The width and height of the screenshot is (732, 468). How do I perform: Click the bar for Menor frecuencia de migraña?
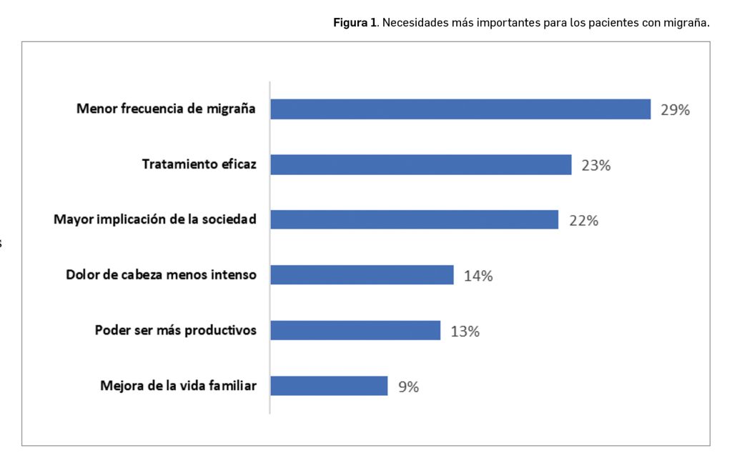pyautogui.click(x=460, y=109)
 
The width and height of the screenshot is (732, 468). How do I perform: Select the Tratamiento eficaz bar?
pyautogui.click(x=421, y=165)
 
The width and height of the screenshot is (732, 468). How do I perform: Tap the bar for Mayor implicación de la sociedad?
pyautogui.click(x=414, y=219)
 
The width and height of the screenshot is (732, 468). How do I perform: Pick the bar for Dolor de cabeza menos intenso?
pyautogui.click(x=362, y=275)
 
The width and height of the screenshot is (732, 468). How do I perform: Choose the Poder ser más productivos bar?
pyautogui.click(x=355, y=330)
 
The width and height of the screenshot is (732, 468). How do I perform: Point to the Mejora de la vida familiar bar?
pyautogui.click(x=329, y=386)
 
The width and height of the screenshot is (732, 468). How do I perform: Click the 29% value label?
pyautogui.click(x=675, y=110)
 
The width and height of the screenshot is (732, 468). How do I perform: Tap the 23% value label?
pyautogui.click(x=595, y=166)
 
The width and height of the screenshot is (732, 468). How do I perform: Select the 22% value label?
pyautogui.click(x=583, y=221)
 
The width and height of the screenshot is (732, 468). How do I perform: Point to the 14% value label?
pyautogui.click(x=478, y=276)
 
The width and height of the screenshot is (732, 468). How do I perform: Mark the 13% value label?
pyautogui.click(x=465, y=332)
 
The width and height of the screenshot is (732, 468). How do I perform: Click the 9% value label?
pyautogui.click(x=408, y=387)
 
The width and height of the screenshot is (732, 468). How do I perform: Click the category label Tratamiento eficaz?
pyautogui.click(x=199, y=164)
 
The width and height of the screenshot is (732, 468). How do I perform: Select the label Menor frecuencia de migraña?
pyautogui.click(x=166, y=109)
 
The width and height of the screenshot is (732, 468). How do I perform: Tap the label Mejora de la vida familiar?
pyautogui.click(x=178, y=386)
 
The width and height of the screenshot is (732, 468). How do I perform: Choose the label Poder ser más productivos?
pyautogui.click(x=175, y=331)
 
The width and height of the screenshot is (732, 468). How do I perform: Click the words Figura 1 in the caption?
pyautogui.click(x=355, y=22)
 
